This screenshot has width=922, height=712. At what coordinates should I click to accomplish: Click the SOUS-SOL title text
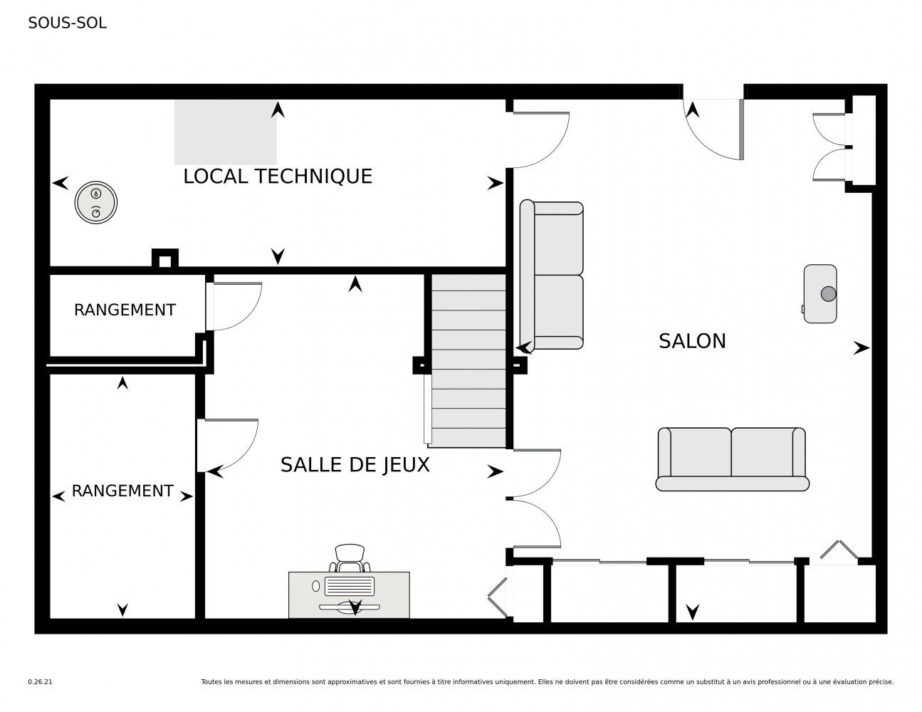point(67,23)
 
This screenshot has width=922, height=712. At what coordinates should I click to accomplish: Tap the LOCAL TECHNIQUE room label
point(278,176)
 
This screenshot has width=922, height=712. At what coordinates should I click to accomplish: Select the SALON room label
point(692,341)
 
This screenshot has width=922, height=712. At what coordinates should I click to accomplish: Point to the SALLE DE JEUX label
point(355,465)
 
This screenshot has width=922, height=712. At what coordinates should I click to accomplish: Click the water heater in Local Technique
point(96,202)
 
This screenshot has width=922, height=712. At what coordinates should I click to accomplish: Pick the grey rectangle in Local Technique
point(225,132)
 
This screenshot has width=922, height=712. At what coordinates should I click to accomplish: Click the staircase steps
point(468,361)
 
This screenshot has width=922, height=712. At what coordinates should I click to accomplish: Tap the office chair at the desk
point(350,557)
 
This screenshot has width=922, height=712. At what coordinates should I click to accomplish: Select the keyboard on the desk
point(350,585)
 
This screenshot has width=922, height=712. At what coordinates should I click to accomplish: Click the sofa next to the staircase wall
point(551,274)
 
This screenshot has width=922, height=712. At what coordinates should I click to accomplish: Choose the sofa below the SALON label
point(732,459)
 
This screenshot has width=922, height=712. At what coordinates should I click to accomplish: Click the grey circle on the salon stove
point(828,293)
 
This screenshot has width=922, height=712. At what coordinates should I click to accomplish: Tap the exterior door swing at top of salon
point(713,130)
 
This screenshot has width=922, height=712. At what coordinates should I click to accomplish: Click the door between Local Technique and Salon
point(541,140)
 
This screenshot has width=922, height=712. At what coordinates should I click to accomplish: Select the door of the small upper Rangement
point(234,306)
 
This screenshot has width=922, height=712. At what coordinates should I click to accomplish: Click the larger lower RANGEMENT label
point(122,491)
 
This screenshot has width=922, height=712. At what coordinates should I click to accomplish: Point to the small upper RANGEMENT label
point(125,310)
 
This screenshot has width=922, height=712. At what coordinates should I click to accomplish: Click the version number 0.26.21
point(41,682)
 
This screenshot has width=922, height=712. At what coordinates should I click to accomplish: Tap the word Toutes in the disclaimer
point(211,682)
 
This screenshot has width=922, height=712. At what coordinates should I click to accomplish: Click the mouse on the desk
point(315,586)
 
